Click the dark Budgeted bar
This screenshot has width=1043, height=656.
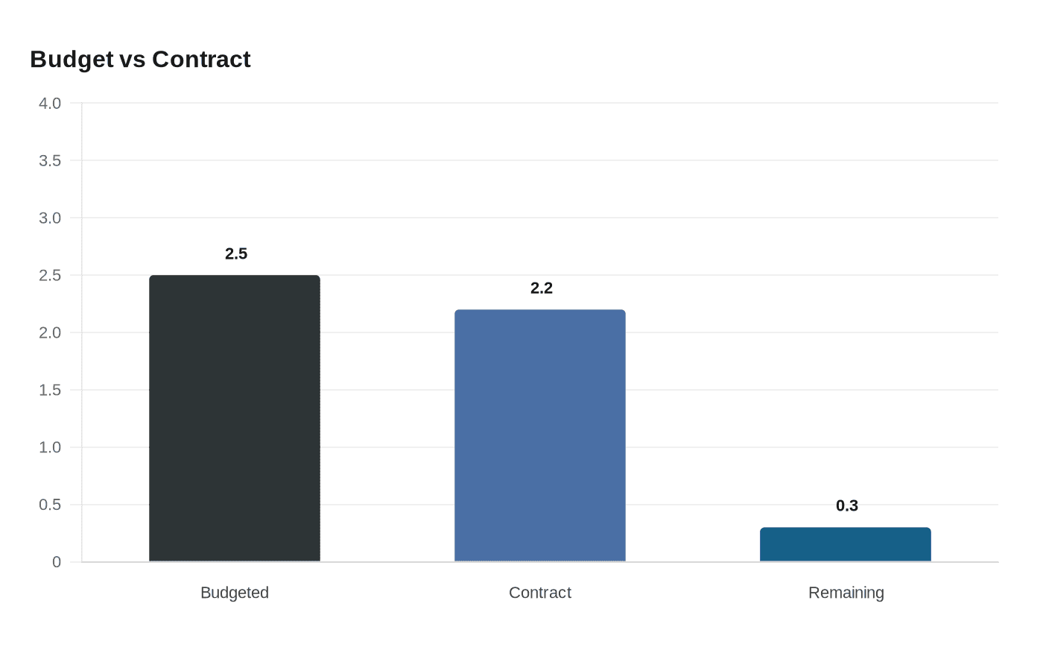coord(235,418)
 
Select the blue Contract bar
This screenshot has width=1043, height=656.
coord(540,435)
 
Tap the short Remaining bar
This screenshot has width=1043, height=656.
coord(846,545)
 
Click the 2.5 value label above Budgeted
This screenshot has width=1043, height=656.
coord(236,254)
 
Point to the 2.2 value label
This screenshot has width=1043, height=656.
coord(542,288)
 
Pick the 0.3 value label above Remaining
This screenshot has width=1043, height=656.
coord(847,506)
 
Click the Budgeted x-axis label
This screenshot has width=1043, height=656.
coord(235,593)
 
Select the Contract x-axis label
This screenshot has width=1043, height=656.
coord(540,593)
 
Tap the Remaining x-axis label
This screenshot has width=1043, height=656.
coord(846,593)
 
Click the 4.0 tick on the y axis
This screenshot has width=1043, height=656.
coord(50,104)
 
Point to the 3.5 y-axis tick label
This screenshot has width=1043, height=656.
coord(50,161)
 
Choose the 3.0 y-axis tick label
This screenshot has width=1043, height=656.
coord(50,218)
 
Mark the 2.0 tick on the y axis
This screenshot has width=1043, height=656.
coord(50,333)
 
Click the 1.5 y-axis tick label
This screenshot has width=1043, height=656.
coord(50,391)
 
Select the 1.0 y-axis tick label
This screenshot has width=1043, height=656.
coord(50,448)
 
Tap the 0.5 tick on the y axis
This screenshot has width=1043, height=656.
coord(50,505)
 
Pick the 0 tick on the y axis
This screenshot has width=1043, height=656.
coord(57,563)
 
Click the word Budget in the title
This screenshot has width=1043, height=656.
coord(72,60)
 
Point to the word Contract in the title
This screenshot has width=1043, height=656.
coord(201,60)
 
